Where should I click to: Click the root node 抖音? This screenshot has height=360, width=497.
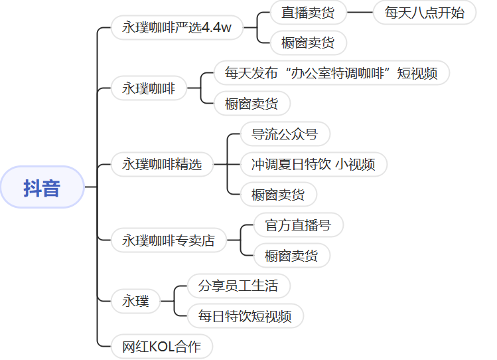tap(42, 188)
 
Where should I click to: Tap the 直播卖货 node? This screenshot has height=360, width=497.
tap(308, 13)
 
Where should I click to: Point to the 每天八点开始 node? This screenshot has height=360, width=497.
tap(425, 13)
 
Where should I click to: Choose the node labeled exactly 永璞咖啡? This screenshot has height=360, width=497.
tap(149, 88)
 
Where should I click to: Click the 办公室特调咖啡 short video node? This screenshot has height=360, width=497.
tap(331, 73)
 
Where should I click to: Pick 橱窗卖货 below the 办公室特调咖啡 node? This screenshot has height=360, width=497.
tap(251, 104)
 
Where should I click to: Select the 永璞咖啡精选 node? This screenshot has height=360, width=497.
tap(162, 164)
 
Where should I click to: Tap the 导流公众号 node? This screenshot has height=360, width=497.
tap(285, 134)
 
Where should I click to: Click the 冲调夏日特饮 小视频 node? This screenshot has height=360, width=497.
tap(313, 164)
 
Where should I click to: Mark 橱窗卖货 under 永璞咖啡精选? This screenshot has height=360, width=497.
tap(278, 195)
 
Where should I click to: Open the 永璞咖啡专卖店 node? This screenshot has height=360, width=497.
tap(169, 240)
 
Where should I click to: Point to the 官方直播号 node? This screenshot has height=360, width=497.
tap(298, 225)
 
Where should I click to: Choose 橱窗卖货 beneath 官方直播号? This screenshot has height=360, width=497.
tap(291, 256)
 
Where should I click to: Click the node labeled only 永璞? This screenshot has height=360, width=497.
tap(135, 301)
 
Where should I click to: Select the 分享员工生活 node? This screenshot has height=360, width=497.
tap(238, 286)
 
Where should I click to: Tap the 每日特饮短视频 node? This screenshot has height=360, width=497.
tap(245, 316)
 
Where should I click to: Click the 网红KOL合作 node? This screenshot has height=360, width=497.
tap(162, 347)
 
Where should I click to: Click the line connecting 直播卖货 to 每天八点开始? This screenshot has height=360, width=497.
tap(360, 13)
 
